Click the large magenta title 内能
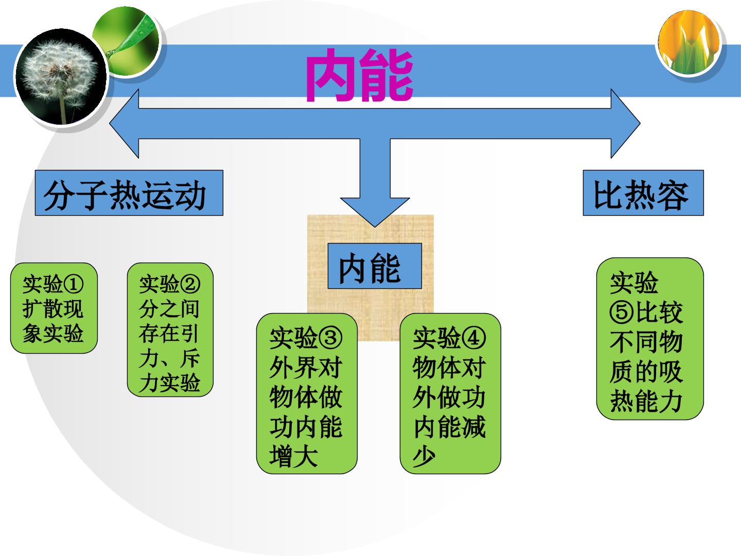click(x=359, y=75)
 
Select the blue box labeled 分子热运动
click(x=129, y=193)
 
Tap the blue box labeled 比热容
click(x=643, y=193)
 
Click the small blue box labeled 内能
click(x=375, y=266)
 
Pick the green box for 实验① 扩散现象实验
click(x=54, y=308)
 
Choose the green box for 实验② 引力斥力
click(x=170, y=329)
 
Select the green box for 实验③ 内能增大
click(x=307, y=394)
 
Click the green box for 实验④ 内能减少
click(x=450, y=394)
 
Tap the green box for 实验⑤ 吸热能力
click(x=650, y=339)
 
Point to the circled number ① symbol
click(x=73, y=284)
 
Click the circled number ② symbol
click(x=190, y=284)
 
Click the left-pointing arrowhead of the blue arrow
click(x=124, y=124)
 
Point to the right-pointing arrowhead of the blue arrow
click(x=626, y=124)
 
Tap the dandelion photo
click(x=61, y=77)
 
